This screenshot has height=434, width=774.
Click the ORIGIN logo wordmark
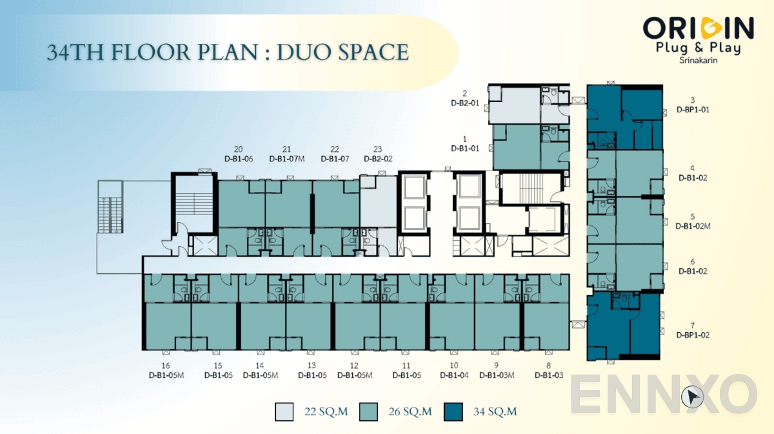(x=698, y=28)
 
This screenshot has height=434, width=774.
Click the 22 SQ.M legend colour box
(x=284, y=411)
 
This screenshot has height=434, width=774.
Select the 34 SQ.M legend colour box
(x=453, y=411)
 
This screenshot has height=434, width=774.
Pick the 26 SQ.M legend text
(x=410, y=411)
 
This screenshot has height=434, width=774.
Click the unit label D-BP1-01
(x=693, y=110)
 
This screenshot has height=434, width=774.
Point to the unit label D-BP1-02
(x=693, y=335)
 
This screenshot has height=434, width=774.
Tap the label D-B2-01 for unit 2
(x=464, y=103)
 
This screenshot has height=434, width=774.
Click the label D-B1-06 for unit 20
(x=239, y=158)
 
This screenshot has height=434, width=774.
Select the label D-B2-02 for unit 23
(x=378, y=158)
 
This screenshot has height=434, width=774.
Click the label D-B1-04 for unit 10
(x=454, y=375)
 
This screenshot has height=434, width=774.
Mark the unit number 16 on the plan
(x=166, y=365)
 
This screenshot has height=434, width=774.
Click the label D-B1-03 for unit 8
(x=549, y=375)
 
